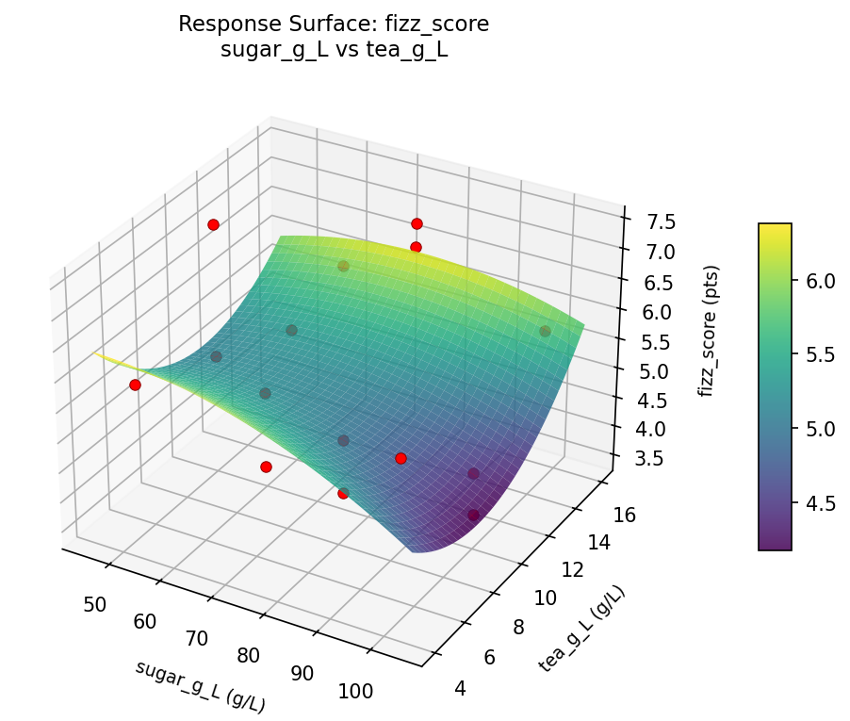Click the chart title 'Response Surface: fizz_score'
pos(334,25)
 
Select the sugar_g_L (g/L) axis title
pos(200,686)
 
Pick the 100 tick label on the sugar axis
pos(355,692)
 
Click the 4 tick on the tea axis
pos(460,689)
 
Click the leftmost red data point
pos(135,385)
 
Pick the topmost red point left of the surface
pos(213,224)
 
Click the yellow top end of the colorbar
pos(775,227)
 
